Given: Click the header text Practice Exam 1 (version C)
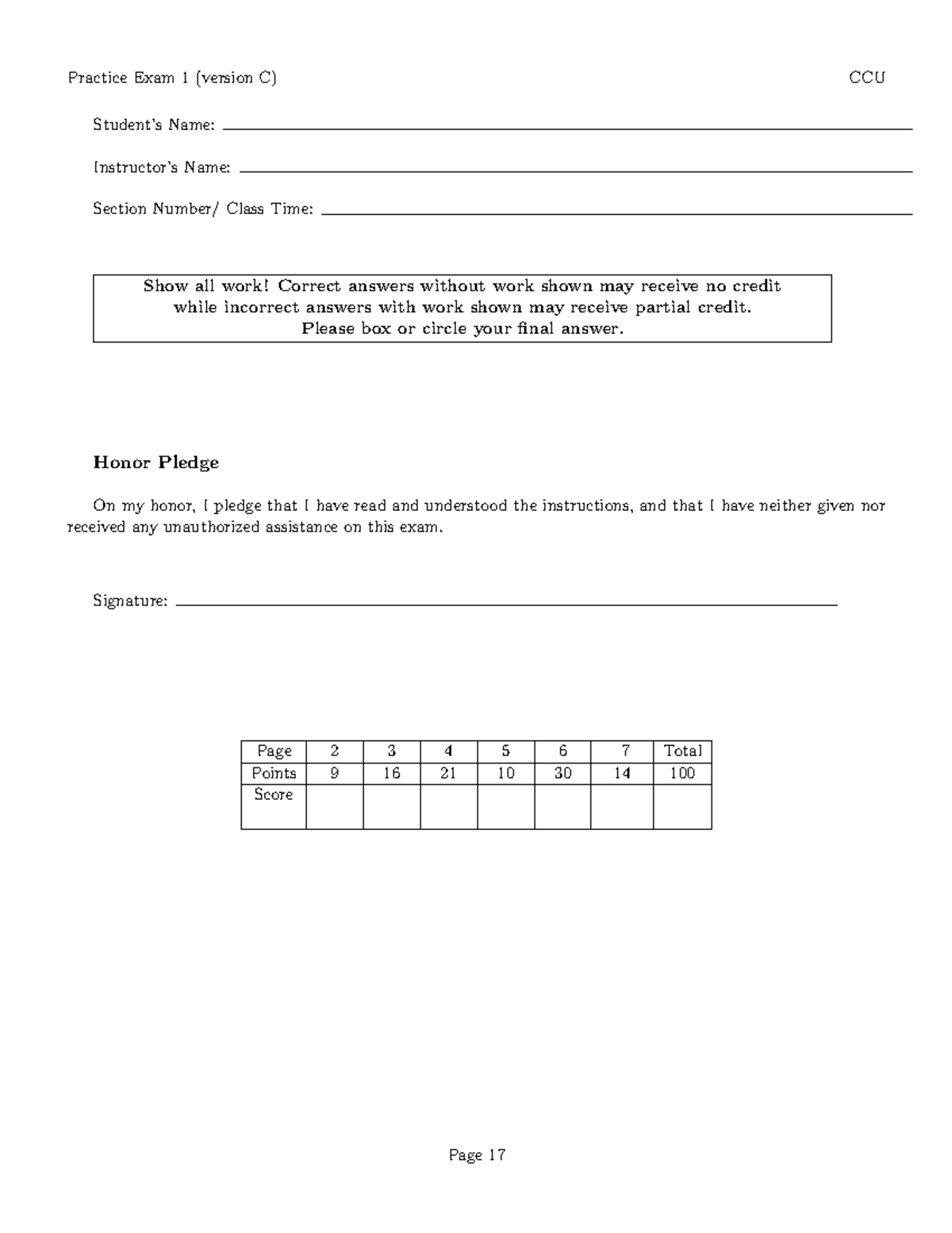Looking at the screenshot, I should click(x=172, y=78).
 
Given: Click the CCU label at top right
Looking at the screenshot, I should click(x=866, y=78).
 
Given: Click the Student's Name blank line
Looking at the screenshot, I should click(x=567, y=129).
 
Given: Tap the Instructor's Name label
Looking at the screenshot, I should click(x=162, y=167).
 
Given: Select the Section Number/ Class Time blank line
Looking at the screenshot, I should click(x=616, y=213).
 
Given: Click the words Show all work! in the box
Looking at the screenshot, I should click(x=208, y=286).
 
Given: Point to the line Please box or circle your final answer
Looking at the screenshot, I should click(x=463, y=329).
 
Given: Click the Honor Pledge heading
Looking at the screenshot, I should click(x=155, y=463).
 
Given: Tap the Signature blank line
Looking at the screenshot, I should click(x=506, y=605).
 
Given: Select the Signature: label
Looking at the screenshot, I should click(x=130, y=601).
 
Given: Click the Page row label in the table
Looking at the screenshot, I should click(x=274, y=751).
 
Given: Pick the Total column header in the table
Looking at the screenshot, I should click(x=682, y=751).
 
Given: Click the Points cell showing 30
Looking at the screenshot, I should click(x=562, y=774).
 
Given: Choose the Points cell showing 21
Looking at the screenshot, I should click(x=448, y=774).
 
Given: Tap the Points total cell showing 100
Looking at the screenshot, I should click(x=682, y=774).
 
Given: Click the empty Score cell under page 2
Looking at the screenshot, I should click(x=334, y=806).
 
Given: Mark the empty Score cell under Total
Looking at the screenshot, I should click(x=682, y=806).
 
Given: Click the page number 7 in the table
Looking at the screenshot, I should click(x=625, y=751).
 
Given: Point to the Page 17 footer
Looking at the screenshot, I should click(x=477, y=1155).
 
